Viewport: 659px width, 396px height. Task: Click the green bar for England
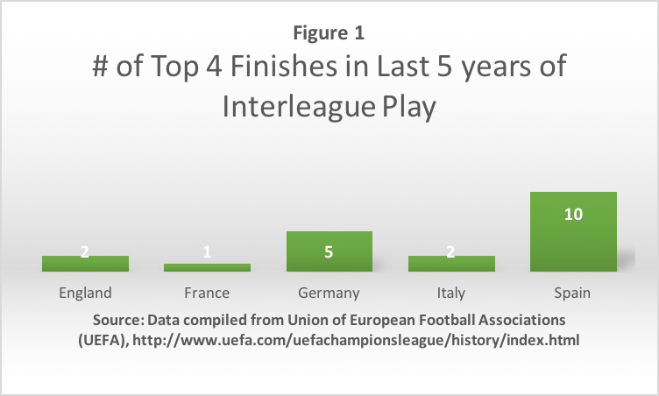[x=85, y=264]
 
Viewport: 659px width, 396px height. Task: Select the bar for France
[x=207, y=267]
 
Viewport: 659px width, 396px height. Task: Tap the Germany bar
[x=329, y=251]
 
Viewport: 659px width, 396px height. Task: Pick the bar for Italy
[x=452, y=264]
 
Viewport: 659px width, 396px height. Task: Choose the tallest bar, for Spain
[x=574, y=231]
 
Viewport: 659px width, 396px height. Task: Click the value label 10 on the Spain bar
[x=573, y=215]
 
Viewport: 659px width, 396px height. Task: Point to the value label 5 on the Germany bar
[x=329, y=251]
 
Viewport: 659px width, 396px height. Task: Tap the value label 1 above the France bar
[x=207, y=251]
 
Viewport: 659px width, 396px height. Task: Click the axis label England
[x=85, y=293]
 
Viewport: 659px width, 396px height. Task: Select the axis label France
[x=207, y=293]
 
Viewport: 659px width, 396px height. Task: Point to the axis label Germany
[x=329, y=293]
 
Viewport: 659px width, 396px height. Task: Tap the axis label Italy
[x=451, y=293]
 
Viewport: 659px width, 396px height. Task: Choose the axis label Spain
[x=572, y=293]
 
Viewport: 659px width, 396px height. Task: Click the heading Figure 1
[x=329, y=32]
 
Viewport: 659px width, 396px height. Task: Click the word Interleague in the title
[x=299, y=106]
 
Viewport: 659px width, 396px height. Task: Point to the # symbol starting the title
[x=100, y=67]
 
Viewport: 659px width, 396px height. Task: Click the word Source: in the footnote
[x=118, y=321]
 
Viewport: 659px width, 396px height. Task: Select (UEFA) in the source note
[x=103, y=340]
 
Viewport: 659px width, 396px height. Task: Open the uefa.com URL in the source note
[x=356, y=340]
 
